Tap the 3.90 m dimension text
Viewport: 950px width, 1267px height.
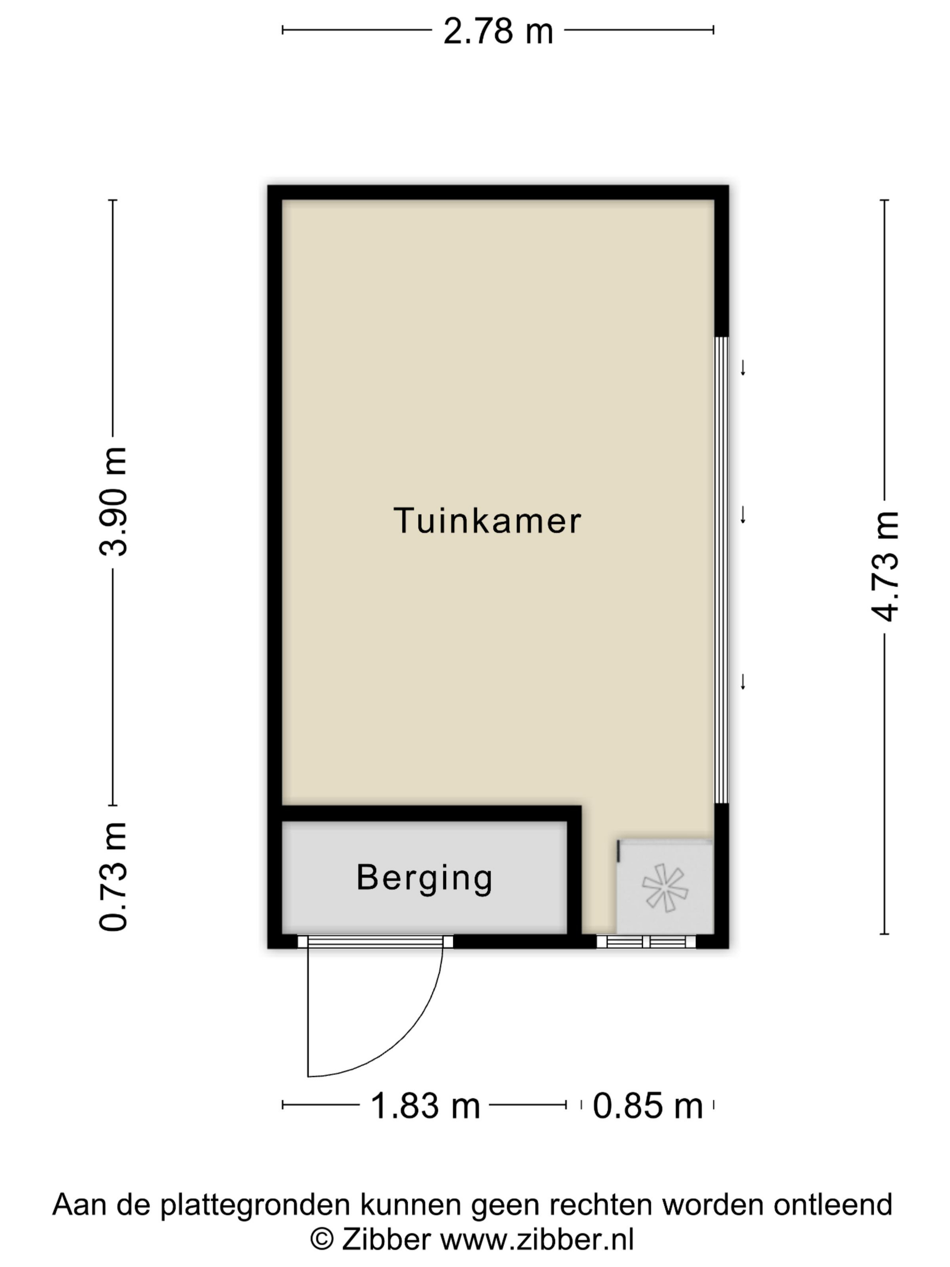click(x=113, y=501)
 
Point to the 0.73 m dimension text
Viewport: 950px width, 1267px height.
click(x=113, y=876)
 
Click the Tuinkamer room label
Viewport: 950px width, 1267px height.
click(x=487, y=521)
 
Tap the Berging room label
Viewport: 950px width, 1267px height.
click(x=424, y=878)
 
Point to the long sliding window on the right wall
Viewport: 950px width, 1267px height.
click(x=722, y=570)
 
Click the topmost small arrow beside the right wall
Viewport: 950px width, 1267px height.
click(x=743, y=368)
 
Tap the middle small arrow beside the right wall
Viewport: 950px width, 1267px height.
click(x=743, y=515)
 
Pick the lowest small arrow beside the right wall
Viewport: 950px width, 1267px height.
click(x=743, y=681)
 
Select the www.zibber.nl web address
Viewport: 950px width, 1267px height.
click(x=537, y=1239)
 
